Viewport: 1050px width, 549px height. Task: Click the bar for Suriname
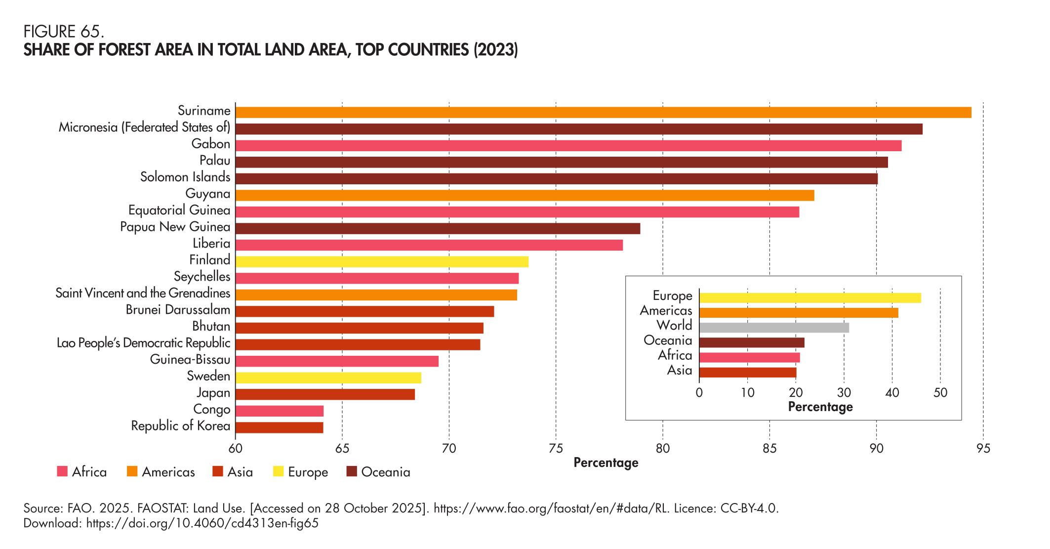[603, 112]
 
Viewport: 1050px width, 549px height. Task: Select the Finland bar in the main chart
[382, 261]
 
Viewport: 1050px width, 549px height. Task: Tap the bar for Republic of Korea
[279, 427]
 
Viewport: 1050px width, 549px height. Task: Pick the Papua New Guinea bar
[438, 228]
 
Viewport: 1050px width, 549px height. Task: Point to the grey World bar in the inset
[774, 327]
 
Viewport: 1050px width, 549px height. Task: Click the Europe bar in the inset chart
[810, 297]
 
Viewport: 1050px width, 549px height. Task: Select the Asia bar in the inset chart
[748, 372]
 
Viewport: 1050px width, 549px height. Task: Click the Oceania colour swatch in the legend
[352, 472]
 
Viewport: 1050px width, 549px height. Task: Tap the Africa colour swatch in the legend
[62, 472]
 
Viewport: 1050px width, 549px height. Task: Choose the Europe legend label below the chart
[308, 472]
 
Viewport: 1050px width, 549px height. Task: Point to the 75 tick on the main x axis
[556, 449]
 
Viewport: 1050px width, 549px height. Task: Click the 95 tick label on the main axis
[983, 449]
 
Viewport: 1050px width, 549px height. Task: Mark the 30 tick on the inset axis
[844, 393]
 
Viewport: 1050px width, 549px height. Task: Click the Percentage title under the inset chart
[820, 407]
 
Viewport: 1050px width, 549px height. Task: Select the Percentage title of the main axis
[606, 463]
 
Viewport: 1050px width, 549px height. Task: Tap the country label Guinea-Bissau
[190, 360]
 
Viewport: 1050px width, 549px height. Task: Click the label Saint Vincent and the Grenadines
[143, 294]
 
